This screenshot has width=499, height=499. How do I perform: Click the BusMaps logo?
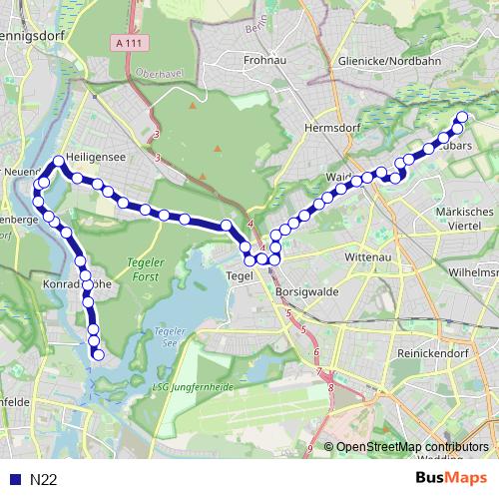[x=451, y=478]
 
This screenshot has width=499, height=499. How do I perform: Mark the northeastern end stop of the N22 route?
[x=461, y=119]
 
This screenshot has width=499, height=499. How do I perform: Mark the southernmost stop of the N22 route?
[x=98, y=353]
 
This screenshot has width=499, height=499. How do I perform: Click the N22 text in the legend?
[x=43, y=479]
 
